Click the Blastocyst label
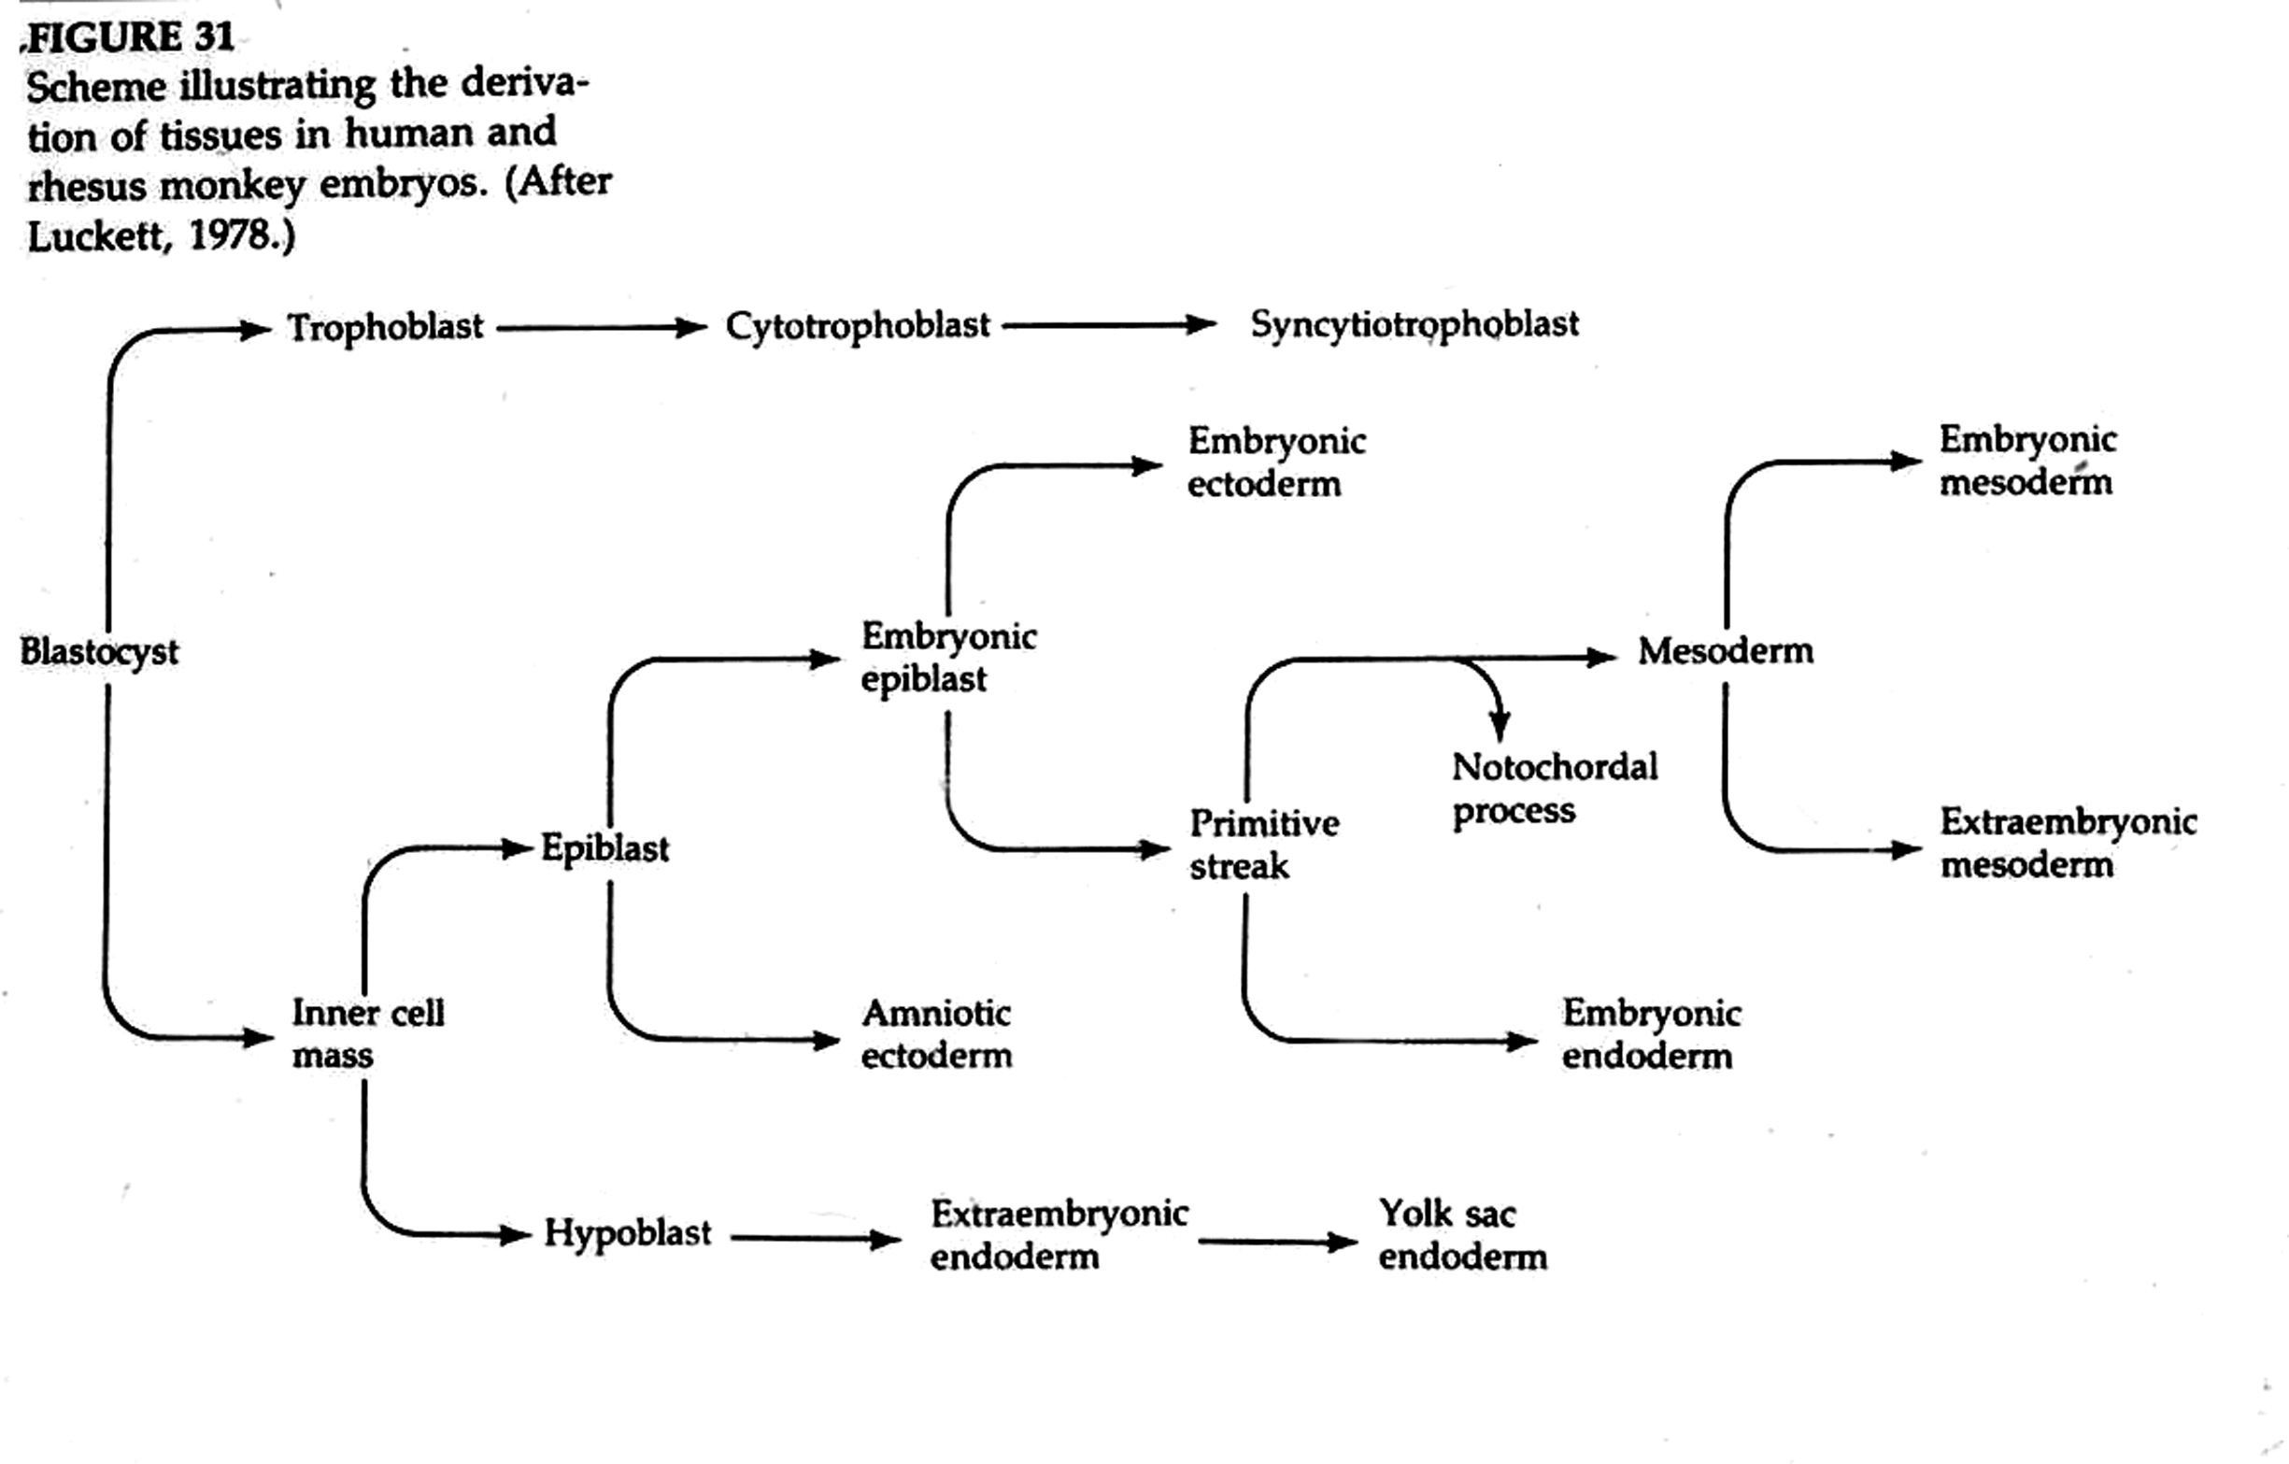click(99, 652)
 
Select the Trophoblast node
click(386, 327)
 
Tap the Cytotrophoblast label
click(858, 327)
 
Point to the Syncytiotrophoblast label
click(1415, 325)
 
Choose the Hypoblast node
click(628, 1234)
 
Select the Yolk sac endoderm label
click(1462, 1235)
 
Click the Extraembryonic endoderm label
click(1059, 1235)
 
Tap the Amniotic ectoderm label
click(936, 1034)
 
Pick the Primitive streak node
click(1264, 845)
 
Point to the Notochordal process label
click(1556, 789)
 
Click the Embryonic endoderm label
click(1651, 1034)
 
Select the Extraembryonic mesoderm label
click(2069, 843)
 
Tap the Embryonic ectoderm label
click(1276, 462)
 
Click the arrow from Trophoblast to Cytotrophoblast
click(602, 328)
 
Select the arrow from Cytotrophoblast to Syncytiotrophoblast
click(1109, 325)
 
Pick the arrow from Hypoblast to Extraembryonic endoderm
click(816, 1239)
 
